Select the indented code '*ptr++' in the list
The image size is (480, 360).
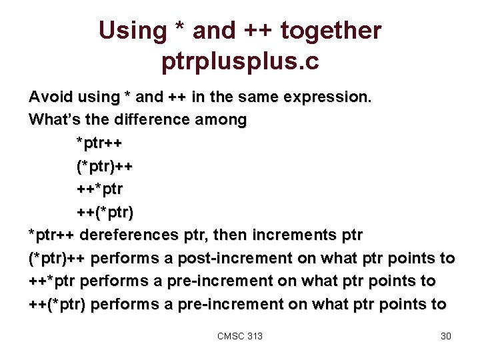(x=99, y=143)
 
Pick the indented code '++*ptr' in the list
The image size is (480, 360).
(x=99, y=189)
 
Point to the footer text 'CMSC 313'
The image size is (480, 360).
(x=240, y=336)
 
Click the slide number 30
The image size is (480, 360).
(x=446, y=336)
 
